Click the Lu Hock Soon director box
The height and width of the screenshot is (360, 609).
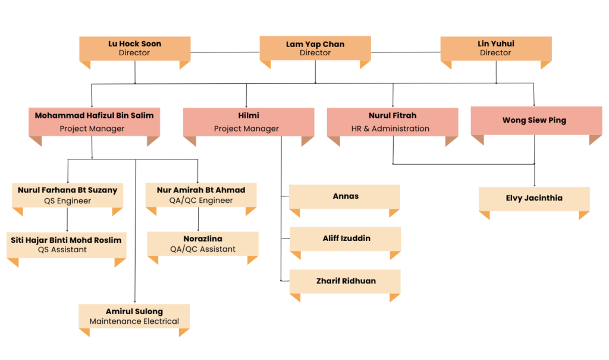click(x=135, y=49)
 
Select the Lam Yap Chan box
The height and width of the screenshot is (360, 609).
click(x=315, y=48)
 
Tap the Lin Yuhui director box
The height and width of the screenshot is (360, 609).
click(x=496, y=49)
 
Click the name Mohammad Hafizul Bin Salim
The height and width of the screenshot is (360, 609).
click(x=95, y=115)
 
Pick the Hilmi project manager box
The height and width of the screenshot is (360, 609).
click(x=249, y=122)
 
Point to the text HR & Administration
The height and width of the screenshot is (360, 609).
click(x=390, y=129)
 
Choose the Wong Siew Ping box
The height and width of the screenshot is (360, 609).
click(x=536, y=121)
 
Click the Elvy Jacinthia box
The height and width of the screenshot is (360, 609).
click(x=534, y=199)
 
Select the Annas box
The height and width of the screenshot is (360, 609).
click(x=344, y=197)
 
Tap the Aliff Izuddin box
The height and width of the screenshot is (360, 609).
click(x=346, y=239)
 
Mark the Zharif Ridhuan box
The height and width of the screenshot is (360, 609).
click(x=345, y=281)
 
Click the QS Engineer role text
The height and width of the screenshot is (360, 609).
click(x=68, y=201)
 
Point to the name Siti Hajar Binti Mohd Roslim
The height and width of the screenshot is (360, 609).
click(x=66, y=240)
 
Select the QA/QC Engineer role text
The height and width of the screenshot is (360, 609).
click(x=201, y=201)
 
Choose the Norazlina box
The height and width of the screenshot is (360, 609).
click(x=203, y=244)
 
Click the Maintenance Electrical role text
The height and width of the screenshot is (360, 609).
click(x=134, y=321)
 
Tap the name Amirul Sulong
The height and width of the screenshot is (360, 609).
click(x=134, y=311)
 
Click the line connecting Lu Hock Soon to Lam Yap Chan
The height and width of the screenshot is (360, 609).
click(x=225, y=52)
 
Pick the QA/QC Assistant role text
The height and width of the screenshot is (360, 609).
click(x=203, y=249)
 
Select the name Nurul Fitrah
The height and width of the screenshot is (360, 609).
click(x=393, y=115)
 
